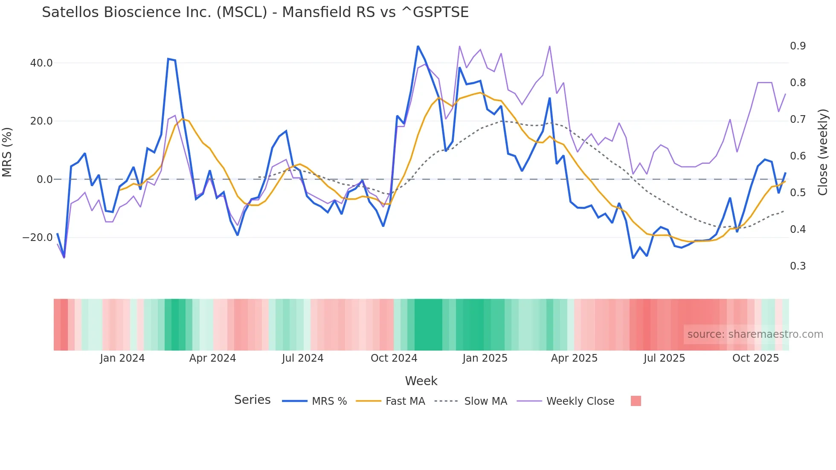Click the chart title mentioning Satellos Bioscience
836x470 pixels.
click(x=255, y=12)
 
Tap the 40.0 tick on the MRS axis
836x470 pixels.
click(x=41, y=63)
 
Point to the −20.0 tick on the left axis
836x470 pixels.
click(x=38, y=238)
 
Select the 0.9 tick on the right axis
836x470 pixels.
click(x=798, y=46)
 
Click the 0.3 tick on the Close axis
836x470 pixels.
click(x=798, y=266)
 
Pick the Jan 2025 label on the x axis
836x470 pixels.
click(x=485, y=358)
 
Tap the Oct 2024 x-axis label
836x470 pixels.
click(x=394, y=358)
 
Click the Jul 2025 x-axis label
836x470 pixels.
click(x=664, y=358)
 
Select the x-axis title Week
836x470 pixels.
click(x=421, y=381)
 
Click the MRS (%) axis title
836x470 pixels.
click(x=7, y=152)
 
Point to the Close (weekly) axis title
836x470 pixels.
click(x=823, y=152)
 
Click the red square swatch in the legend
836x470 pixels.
click(x=636, y=401)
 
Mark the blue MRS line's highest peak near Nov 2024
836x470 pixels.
click(x=418, y=46)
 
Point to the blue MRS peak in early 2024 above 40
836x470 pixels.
click(x=169, y=59)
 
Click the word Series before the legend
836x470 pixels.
click(x=252, y=400)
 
